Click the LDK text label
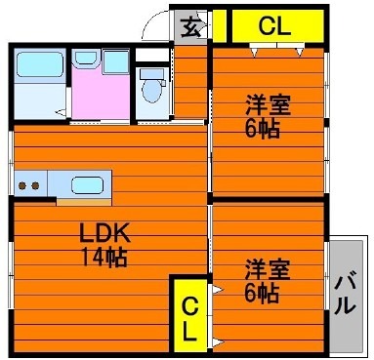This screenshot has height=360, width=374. (x=100, y=233)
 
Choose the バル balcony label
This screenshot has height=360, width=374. (x=345, y=293)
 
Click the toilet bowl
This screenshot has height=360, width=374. (x=152, y=92)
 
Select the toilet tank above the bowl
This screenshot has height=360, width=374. (x=151, y=73)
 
